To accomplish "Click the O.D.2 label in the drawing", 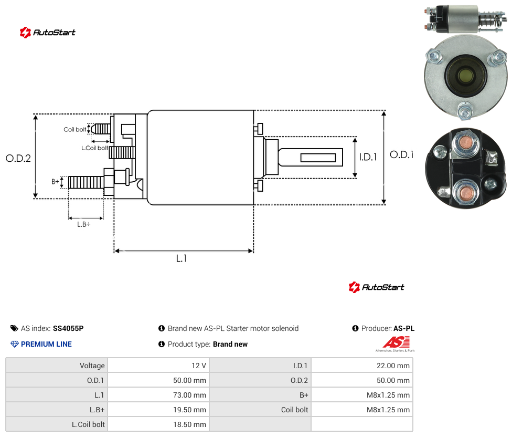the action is click(x=18, y=159).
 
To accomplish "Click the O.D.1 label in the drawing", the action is click(x=402, y=154).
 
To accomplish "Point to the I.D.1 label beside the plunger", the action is click(x=368, y=157).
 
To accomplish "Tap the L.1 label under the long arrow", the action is click(x=182, y=258).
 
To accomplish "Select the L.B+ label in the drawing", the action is click(x=83, y=224).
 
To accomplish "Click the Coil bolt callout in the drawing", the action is click(x=75, y=129).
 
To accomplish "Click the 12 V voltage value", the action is click(x=198, y=366).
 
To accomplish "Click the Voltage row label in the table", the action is click(x=92, y=366).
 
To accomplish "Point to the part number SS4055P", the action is click(x=68, y=328).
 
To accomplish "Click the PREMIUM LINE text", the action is click(x=46, y=344).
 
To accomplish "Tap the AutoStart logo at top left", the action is click(x=47, y=33).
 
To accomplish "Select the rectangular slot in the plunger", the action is click(x=318, y=158).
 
